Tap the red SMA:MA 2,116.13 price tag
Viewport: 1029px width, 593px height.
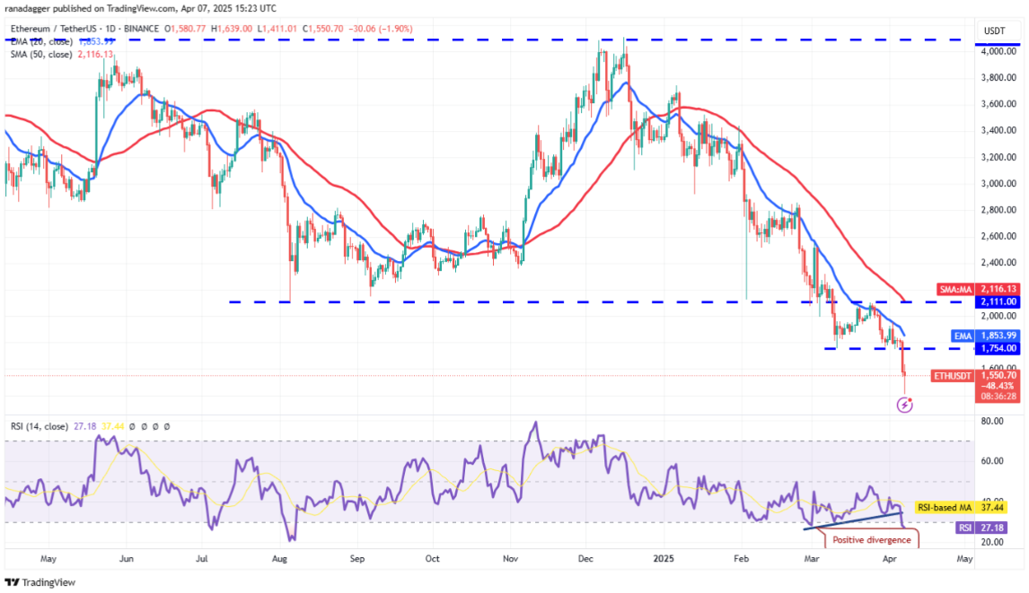click(x=998, y=289)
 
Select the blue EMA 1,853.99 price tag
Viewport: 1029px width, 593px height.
click(x=998, y=335)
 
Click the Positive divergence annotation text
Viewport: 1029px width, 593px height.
click(x=871, y=539)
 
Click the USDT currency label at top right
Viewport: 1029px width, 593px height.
click(x=996, y=30)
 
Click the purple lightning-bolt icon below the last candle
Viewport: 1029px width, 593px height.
click(x=905, y=406)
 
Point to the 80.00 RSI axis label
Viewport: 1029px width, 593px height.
click(x=991, y=420)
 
